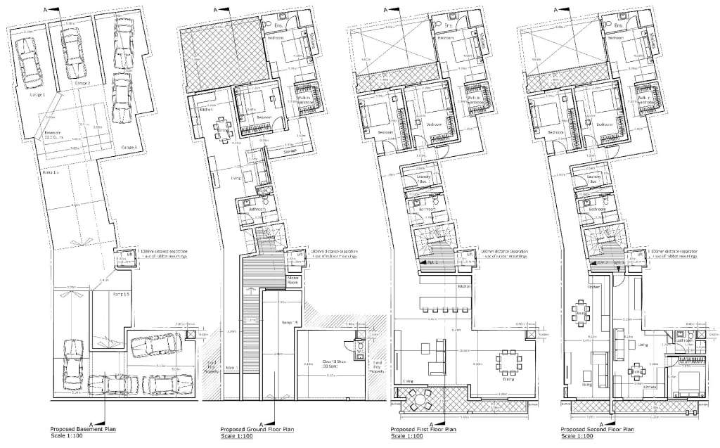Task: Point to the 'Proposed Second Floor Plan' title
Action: [x=597, y=428]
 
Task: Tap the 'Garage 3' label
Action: [x=129, y=147]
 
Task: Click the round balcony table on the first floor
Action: [x=419, y=401]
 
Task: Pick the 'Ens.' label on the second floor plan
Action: [x=618, y=25]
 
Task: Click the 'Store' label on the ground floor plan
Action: [x=290, y=151]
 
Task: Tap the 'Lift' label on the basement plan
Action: [x=127, y=254]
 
